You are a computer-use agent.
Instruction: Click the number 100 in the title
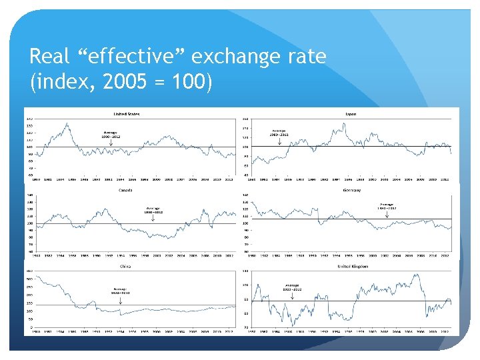[189, 83]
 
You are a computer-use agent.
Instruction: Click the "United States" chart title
[127, 113]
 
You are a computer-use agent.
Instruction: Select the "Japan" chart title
[350, 113]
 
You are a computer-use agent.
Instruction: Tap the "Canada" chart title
[125, 190]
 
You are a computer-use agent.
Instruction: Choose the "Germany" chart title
[351, 190]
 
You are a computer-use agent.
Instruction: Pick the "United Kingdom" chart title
[351, 265]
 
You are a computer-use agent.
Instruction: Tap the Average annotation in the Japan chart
[279, 132]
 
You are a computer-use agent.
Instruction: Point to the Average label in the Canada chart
[153, 209]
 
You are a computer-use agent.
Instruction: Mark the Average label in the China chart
[121, 290]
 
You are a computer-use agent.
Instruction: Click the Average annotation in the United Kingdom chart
[292, 287]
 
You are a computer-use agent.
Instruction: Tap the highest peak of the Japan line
[344, 124]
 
